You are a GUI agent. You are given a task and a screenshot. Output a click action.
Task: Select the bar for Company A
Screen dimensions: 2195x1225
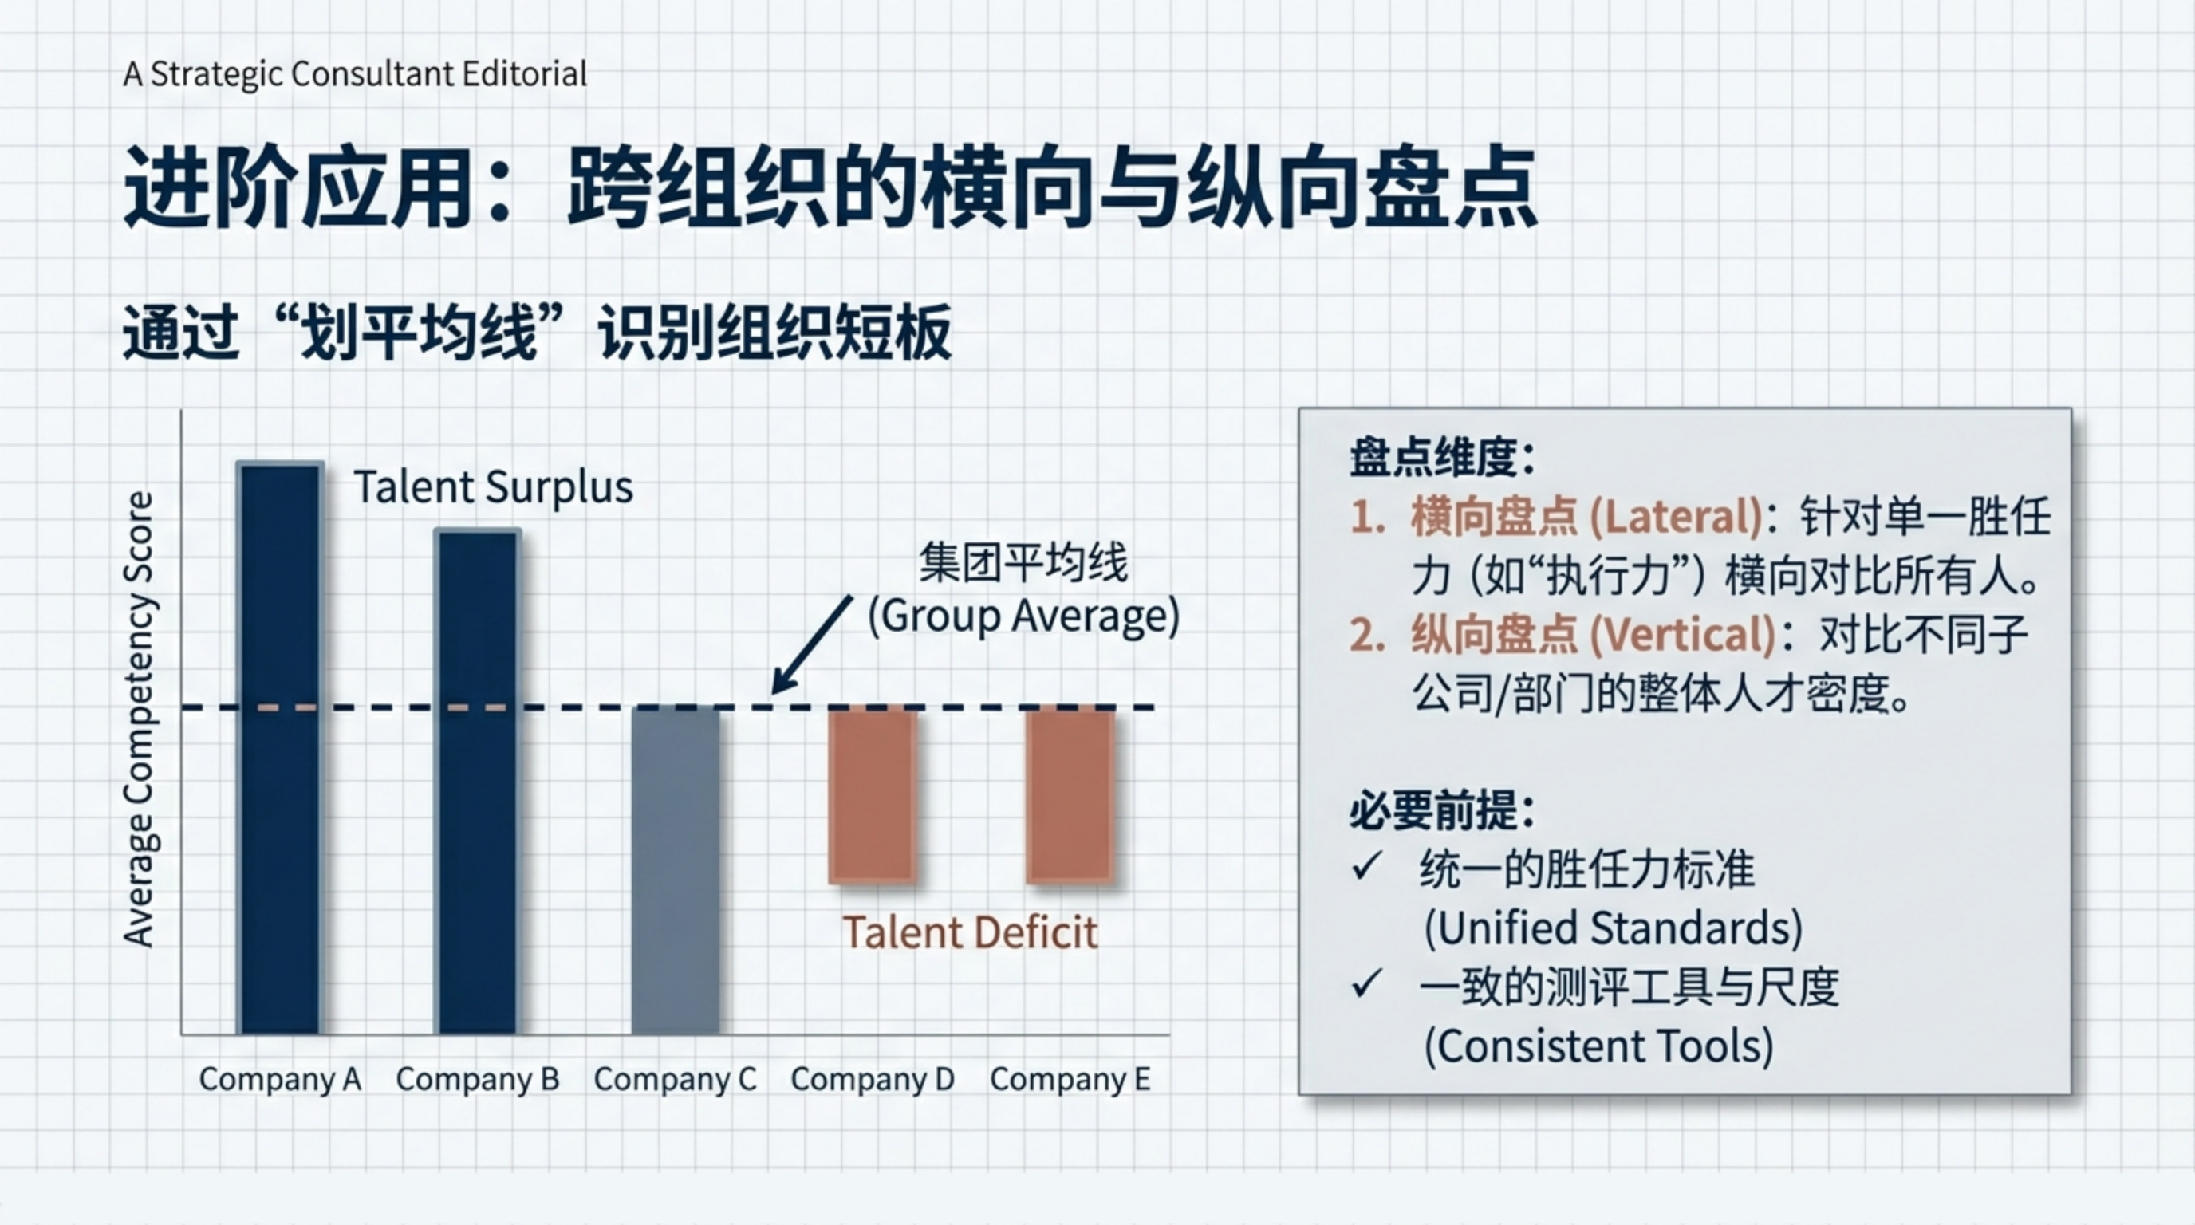pyautogui.click(x=280, y=748)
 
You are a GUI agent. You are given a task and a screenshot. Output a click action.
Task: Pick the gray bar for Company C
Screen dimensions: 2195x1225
pyautogui.click(x=675, y=871)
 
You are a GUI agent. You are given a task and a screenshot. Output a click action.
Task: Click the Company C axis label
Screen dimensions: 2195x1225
pyautogui.click(x=675, y=1079)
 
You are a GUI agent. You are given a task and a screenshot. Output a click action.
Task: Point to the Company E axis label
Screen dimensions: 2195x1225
pyautogui.click(x=1070, y=1079)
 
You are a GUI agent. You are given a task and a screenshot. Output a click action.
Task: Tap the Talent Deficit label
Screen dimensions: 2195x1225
pyautogui.click(x=970, y=932)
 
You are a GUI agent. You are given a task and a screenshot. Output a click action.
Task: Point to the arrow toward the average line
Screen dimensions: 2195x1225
pyautogui.click(x=812, y=644)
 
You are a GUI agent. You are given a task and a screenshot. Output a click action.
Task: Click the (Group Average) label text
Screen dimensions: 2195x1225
pyautogui.click(x=1023, y=616)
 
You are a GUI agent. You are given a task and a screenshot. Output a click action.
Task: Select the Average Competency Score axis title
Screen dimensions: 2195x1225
pyautogui.click(x=138, y=719)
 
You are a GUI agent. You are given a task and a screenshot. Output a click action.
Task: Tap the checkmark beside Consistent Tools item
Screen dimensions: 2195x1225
pyautogui.click(x=1367, y=983)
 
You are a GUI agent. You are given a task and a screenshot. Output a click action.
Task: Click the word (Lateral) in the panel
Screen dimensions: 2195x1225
pyautogui.click(x=1676, y=516)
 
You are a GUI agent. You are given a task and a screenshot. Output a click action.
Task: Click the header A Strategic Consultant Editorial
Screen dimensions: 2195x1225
pyautogui.click(x=355, y=74)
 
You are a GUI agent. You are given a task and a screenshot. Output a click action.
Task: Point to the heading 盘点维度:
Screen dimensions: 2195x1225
pyautogui.click(x=1443, y=458)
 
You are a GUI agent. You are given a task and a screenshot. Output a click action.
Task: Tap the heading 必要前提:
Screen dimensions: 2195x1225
pyautogui.click(x=1443, y=809)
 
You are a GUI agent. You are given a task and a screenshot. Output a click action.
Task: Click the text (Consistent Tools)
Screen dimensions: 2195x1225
pyautogui.click(x=1598, y=1046)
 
